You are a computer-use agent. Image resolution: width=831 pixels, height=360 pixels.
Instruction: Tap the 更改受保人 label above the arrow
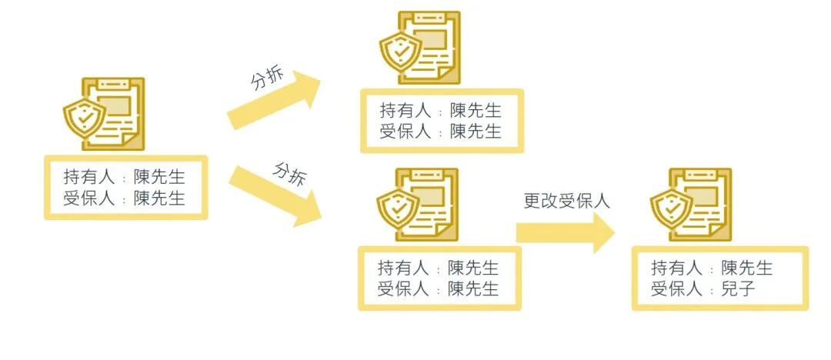(566, 202)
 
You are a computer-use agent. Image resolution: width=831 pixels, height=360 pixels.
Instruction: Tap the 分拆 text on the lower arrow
(289, 173)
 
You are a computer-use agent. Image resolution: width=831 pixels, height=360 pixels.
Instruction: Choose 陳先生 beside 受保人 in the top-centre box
(476, 132)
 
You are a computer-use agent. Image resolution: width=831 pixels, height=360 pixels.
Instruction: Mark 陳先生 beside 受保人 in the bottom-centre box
(473, 289)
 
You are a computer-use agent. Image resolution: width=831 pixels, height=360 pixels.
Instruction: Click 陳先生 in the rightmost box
(747, 268)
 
